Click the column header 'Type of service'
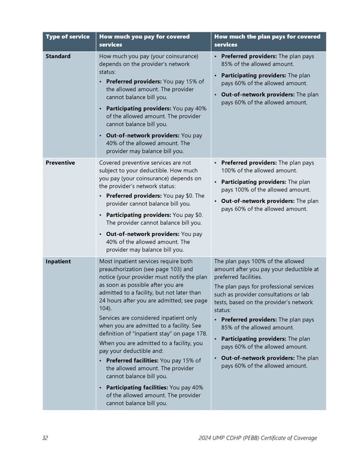pos(67,37)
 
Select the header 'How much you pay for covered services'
pos(144,40)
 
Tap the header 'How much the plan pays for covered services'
pos(267,40)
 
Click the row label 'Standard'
pos(58,56)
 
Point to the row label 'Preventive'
pos(60,163)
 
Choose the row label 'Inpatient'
pos(58,262)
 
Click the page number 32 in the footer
pos(46,438)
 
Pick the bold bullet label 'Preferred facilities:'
pos(133,360)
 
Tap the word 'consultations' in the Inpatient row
pos(263,294)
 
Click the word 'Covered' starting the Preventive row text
pos(111,163)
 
